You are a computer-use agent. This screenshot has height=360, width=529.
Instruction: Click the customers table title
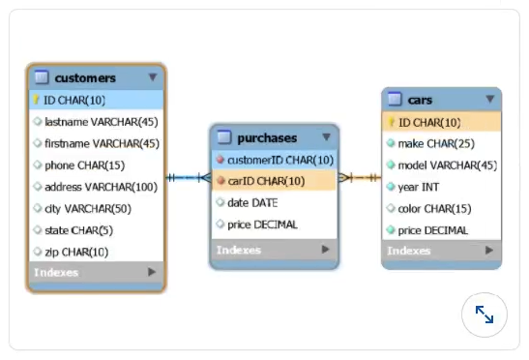pos(85,77)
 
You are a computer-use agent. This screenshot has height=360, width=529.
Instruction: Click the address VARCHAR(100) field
pos(101,187)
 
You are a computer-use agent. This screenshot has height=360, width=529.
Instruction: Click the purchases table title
pos(267,137)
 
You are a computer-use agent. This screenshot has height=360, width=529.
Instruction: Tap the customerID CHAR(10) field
pos(280,160)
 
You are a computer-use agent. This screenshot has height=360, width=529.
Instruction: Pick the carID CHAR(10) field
pos(266,181)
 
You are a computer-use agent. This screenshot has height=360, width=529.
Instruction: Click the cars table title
pos(420,100)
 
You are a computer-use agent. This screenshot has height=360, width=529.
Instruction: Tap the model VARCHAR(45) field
pos(447,165)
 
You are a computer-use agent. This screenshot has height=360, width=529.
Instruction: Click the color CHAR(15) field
pos(434,208)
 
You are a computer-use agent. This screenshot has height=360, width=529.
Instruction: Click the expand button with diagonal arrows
pos(485,315)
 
